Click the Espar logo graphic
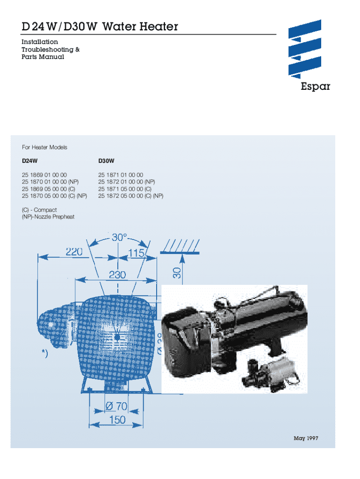tap(305, 49)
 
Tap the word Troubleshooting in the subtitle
tap(44, 50)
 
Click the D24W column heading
tap(29, 161)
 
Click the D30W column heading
tap(107, 161)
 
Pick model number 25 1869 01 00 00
tap(44, 175)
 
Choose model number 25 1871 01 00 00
tap(121, 175)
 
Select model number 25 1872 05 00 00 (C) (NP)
tap(131, 196)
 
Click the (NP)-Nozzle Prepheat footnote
tap(48, 217)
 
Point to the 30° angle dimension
tap(119, 238)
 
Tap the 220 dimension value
tap(74, 252)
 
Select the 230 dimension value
tap(117, 275)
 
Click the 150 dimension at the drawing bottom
tap(117, 420)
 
